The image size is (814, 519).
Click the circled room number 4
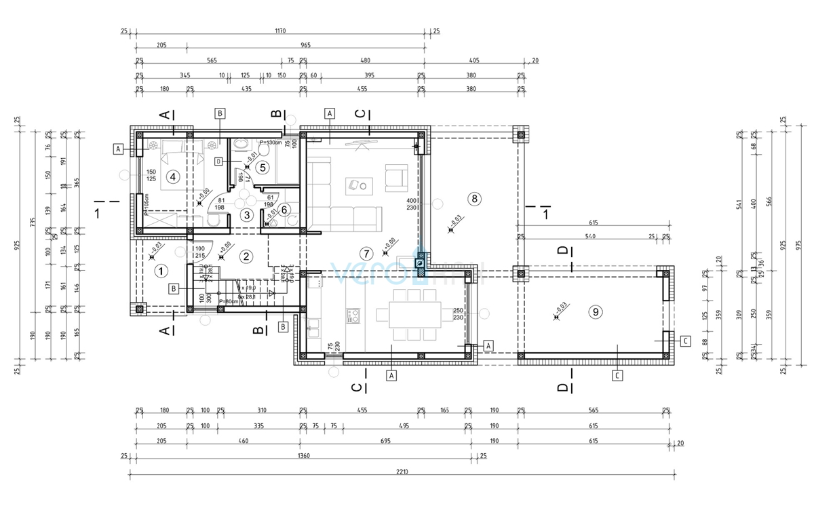click(x=173, y=177)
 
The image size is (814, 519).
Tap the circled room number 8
click(x=475, y=199)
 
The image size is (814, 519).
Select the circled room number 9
click(x=595, y=312)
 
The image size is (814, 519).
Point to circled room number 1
click(x=161, y=271)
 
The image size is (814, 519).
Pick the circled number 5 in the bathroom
click(x=263, y=166)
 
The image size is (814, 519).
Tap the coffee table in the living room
click(x=357, y=184)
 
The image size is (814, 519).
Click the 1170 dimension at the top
click(x=281, y=31)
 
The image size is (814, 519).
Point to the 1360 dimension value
click(x=303, y=456)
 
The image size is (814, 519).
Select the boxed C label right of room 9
click(x=685, y=341)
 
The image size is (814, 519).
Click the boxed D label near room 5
click(x=218, y=161)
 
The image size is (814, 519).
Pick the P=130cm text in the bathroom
click(x=269, y=142)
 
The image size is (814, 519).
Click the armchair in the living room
click(x=395, y=178)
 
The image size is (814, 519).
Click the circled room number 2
click(x=246, y=256)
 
